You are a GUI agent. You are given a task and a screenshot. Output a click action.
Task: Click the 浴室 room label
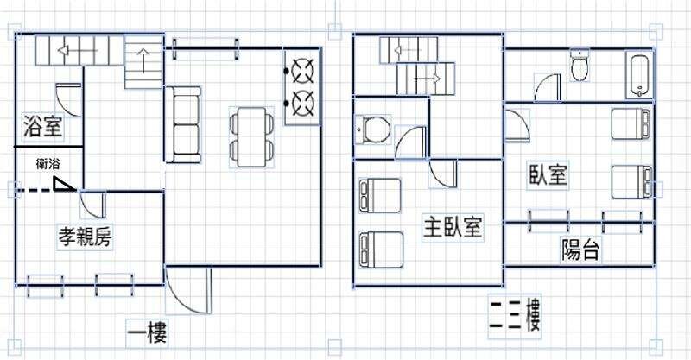[42, 126]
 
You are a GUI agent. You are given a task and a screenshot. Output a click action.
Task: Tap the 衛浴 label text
[48, 164]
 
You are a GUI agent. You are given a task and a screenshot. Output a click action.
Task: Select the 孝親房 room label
[85, 237]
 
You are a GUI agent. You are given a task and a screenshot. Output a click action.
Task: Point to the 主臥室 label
[453, 226]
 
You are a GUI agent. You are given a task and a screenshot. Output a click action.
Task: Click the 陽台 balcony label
[580, 249]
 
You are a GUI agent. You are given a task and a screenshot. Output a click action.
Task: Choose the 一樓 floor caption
[147, 333]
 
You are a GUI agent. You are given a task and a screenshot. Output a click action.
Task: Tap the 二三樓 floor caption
[515, 316]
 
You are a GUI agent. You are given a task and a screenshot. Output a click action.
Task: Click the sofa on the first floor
[183, 124]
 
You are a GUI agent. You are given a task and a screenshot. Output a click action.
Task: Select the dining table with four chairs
[251, 137]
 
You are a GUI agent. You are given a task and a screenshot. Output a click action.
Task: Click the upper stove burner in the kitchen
[304, 71]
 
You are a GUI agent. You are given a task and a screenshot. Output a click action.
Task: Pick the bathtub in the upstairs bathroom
[639, 75]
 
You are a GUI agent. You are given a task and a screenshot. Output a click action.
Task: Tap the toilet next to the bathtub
[579, 66]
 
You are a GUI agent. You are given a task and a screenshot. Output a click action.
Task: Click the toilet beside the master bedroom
[372, 130]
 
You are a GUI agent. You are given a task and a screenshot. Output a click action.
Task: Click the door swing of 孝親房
[93, 205]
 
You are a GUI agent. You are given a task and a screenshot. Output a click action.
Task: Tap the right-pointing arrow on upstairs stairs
[427, 79]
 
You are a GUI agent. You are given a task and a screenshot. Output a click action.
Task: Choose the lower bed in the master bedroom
[381, 249]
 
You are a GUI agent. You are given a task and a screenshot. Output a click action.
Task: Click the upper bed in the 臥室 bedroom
[631, 124]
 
